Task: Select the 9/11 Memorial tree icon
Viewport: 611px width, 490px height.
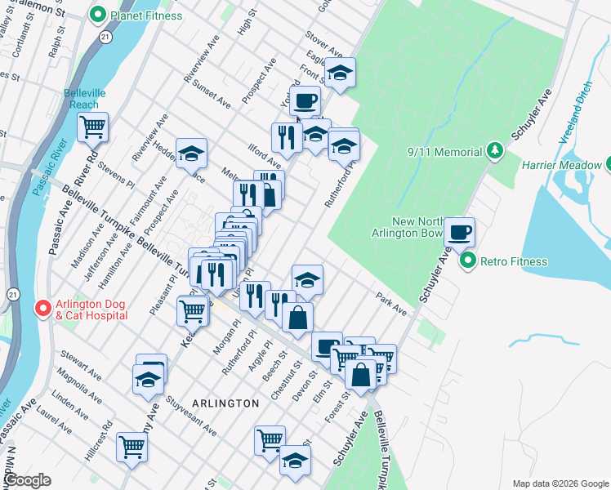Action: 494,150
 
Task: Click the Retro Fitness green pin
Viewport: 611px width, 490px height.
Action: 468,261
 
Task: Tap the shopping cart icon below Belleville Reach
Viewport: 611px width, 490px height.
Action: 93,127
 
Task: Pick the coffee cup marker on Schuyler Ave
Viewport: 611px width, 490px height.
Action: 460,231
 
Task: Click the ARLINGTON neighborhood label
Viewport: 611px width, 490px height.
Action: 225,403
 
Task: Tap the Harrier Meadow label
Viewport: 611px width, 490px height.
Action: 558,165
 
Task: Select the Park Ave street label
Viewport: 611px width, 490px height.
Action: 391,301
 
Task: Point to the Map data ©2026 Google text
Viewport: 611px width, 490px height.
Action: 560,483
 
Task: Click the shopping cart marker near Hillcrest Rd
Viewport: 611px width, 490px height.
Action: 132,446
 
